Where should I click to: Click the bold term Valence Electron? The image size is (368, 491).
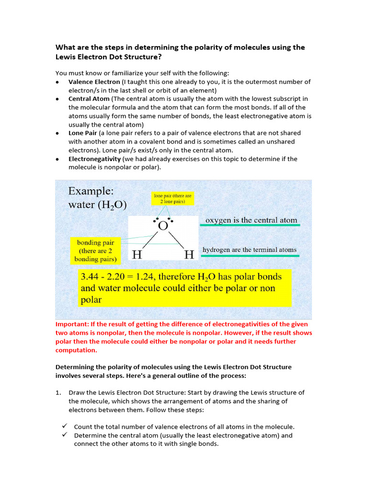click(x=94, y=82)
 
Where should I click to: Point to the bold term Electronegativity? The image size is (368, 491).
click(x=94, y=159)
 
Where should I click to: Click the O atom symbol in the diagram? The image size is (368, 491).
click(x=162, y=226)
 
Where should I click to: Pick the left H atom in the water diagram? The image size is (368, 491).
click(x=137, y=255)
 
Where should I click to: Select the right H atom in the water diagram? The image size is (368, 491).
click(x=189, y=255)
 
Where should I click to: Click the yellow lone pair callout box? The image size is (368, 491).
click(x=172, y=199)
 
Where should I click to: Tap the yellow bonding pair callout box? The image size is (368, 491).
click(x=95, y=251)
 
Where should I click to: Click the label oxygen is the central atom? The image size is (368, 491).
click(x=251, y=220)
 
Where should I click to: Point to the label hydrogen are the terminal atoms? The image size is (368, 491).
click(x=249, y=250)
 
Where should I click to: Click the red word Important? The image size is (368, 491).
click(x=72, y=324)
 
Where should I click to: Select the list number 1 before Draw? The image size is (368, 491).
click(x=58, y=392)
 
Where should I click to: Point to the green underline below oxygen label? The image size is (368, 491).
click(x=251, y=225)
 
